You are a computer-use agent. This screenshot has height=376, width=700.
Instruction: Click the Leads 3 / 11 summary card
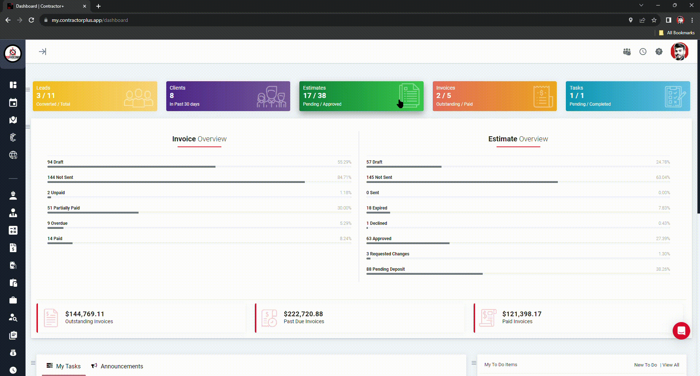click(95, 96)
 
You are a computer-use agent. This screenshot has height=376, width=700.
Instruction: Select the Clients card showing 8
click(228, 96)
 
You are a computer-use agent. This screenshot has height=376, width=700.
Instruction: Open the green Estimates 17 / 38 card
click(361, 96)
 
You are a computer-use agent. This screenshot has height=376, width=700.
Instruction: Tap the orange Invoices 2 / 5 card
click(494, 96)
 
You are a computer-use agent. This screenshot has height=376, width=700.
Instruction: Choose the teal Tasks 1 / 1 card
click(627, 96)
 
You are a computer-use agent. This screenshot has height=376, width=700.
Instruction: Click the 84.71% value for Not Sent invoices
click(344, 177)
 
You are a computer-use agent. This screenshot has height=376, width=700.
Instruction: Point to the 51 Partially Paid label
click(63, 208)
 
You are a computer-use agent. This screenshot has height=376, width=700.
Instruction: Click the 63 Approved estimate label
click(379, 239)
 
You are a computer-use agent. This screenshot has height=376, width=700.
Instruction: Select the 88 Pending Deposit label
click(385, 269)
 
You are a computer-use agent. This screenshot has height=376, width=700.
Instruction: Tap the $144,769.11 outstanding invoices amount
click(85, 314)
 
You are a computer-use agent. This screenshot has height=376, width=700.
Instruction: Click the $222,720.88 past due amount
click(303, 314)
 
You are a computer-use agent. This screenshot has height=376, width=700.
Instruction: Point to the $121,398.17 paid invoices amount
click(522, 314)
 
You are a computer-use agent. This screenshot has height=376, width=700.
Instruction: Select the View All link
click(670, 365)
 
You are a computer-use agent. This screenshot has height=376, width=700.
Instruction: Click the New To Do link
click(645, 365)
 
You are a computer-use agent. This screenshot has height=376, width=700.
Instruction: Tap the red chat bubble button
click(681, 331)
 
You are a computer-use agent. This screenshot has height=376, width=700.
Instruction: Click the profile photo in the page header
click(679, 52)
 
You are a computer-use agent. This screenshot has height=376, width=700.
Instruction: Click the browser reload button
click(31, 20)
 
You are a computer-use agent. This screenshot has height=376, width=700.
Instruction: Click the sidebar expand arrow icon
click(43, 52)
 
